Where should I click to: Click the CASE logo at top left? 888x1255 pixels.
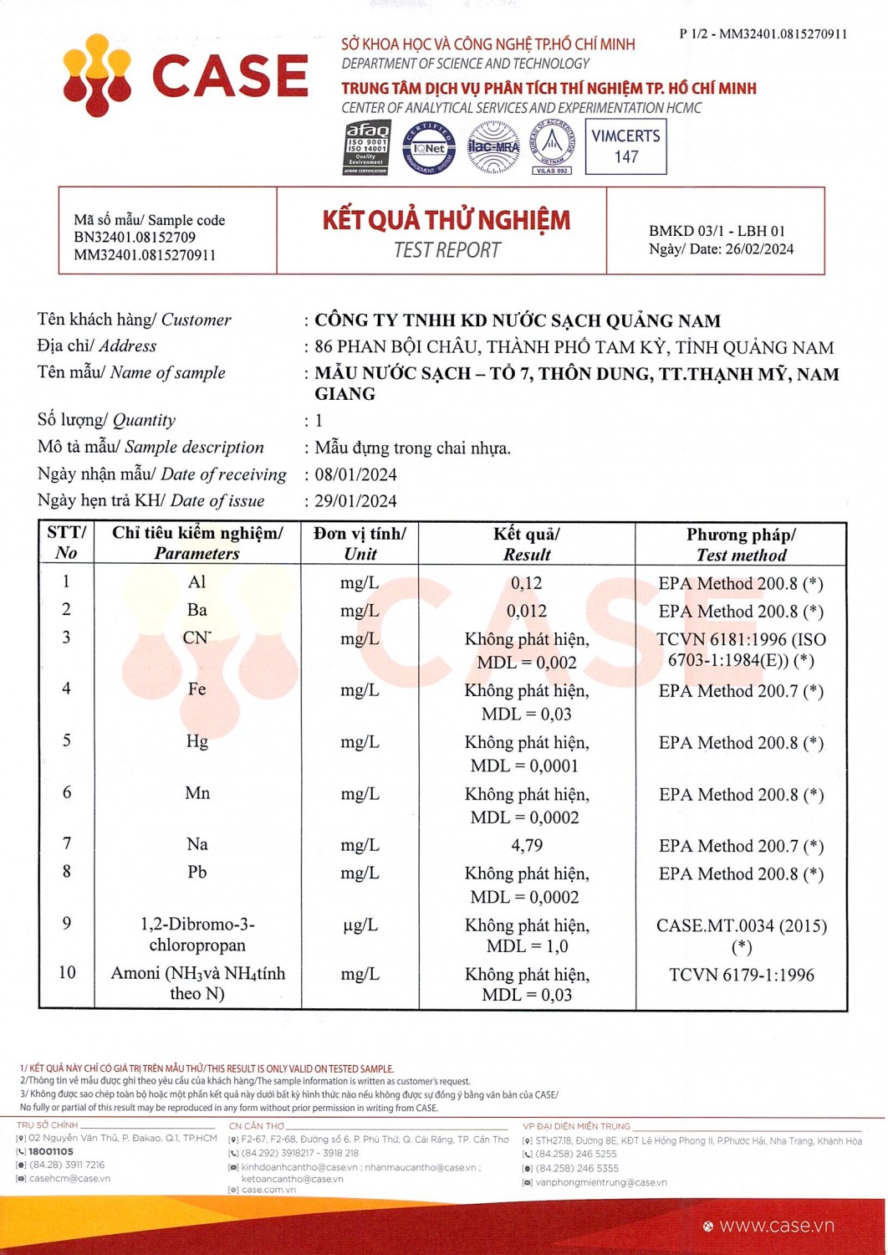tap(186, 75)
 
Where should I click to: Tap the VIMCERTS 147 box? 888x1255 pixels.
tap(625, 146)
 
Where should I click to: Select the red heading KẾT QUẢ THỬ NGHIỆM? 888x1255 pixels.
tap(447, 220)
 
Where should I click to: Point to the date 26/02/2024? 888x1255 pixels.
tap(760, 248)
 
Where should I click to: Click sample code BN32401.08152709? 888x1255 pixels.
tap(135, 238)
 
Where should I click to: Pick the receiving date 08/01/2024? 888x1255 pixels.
tap(355, 474)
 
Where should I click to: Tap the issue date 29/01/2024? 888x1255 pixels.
tap(355, 501)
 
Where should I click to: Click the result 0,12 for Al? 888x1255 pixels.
tap(527, 583)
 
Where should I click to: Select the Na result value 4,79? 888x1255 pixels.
tap(527, 845)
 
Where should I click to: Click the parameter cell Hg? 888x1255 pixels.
tap(197, 741)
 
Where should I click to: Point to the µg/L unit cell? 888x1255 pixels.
tap(360, 925)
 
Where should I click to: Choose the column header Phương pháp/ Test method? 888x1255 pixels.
tap(741, 545)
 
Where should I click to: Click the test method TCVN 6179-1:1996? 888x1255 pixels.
tap(742, 975)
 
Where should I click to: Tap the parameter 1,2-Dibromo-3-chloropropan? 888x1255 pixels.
tap(197, 935)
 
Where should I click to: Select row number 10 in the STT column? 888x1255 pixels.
tap(67, 972)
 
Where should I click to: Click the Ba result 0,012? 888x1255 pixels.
tap(527, 611)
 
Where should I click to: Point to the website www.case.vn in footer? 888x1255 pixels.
tap(776, 1226)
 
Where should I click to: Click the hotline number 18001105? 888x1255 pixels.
tap(51, 1151)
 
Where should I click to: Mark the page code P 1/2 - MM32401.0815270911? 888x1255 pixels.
tap(763, 34)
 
